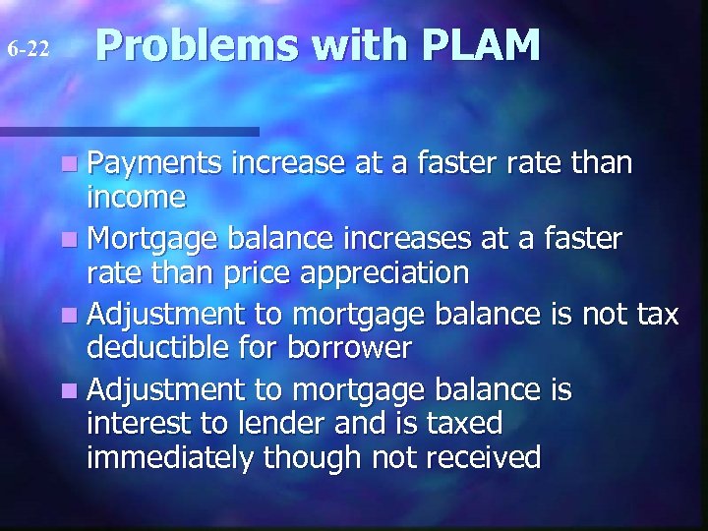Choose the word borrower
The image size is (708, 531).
pos(361,346)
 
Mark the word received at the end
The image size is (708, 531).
pos(481,457)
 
